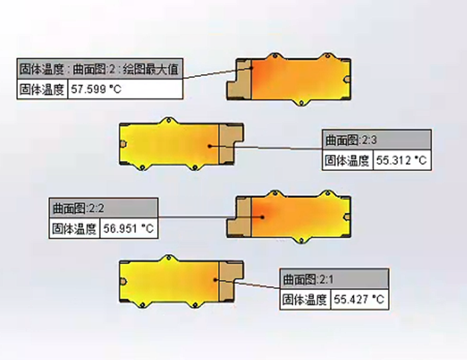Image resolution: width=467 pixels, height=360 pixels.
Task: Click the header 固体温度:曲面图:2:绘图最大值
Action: tap(99, 68)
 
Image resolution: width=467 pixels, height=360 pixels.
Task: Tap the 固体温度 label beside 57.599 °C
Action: tap(41, 89)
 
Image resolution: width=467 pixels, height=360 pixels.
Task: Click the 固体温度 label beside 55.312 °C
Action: tap(347, 160)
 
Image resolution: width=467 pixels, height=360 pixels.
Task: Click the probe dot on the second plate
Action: tap(209, 146)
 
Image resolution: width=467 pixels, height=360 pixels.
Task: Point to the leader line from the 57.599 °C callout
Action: tap(212, 73)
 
